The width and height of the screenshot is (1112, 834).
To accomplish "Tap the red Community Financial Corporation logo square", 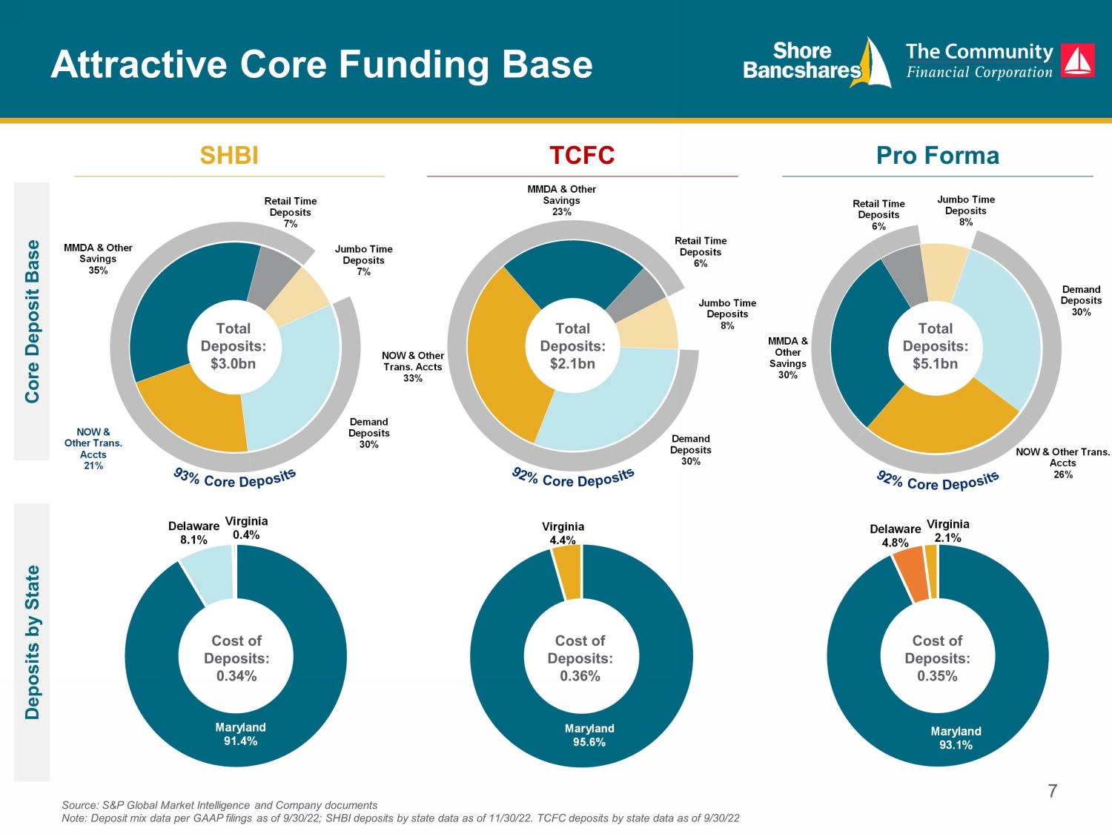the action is click(x=1078, y=60).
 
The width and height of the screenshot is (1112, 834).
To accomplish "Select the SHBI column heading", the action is click(x=229, y=155).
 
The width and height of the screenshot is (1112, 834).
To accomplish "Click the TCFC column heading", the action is click(x=582, y=155).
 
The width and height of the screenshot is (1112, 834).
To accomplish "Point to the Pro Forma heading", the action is click(x=938, y=155).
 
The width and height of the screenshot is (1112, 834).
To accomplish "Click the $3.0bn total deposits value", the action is click(x=233, y=363).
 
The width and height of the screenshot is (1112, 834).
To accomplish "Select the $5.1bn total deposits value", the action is click(x=936, y=363).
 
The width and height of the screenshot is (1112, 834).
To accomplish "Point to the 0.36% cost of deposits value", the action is click(x=580, y=676).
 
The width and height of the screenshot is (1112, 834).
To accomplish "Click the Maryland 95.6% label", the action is click(x=589, y=735).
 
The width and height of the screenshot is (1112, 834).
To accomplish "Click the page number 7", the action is click(x=1052, y=791).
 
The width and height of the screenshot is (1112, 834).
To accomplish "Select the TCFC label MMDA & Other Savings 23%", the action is click(x=561, y=200).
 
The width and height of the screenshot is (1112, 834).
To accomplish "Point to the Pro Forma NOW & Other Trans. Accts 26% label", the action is click(x=1062, y=463).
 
